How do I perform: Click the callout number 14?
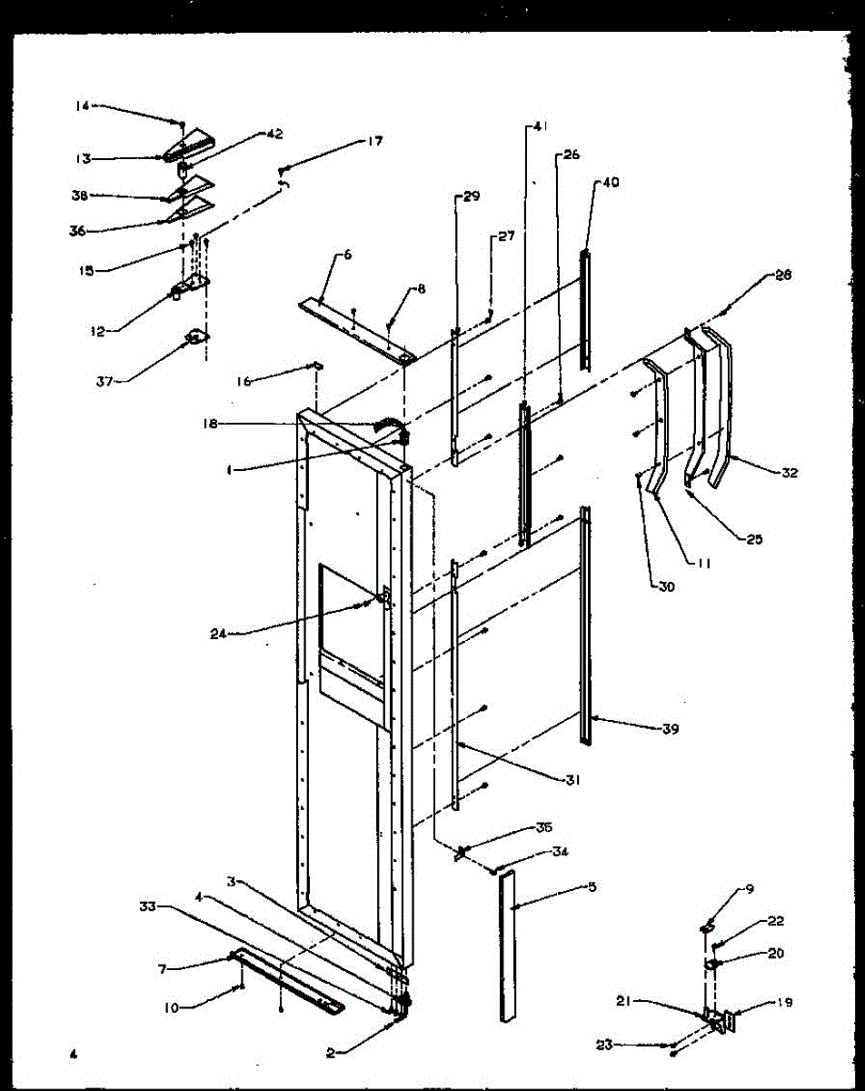pyautogui.click(x=82, y=106)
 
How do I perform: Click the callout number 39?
pyautogui.click(x=671, y=728)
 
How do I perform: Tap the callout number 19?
pyautogui.click(x=784, y=1003)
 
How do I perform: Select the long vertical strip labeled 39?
pyautogui.click(x=585, y=627)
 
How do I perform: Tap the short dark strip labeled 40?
pyautogui.click(x=586, y=309)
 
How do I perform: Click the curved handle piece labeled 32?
pyautogui.click(x=723, y=409)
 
